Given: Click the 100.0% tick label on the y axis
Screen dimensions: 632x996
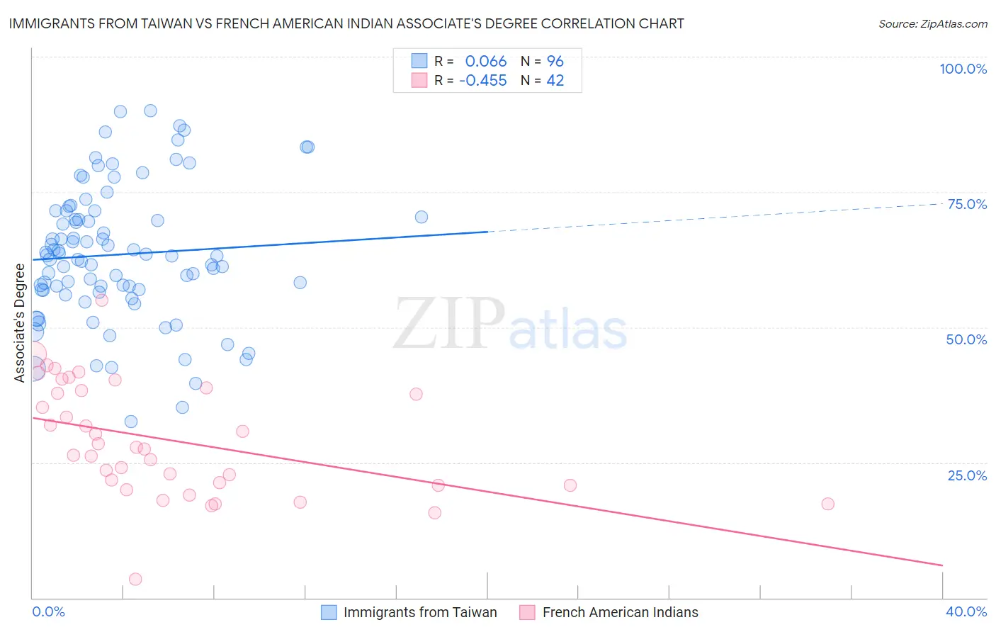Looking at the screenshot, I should [963, 69].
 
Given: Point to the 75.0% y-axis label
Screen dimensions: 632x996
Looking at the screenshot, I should [967, 204].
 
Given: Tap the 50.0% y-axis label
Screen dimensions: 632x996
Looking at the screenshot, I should [966, 339].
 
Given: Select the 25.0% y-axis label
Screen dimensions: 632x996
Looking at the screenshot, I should [967, 475].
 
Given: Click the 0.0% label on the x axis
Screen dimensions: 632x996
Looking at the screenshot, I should [48, 611].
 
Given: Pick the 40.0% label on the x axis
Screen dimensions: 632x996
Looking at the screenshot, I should [966, 611].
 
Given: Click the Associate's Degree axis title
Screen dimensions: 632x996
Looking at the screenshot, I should [19, 322].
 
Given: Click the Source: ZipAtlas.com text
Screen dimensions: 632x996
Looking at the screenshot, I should [932, 23].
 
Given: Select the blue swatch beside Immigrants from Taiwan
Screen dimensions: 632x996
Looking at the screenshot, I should [329, 612].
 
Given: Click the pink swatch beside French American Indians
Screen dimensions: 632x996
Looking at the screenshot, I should [527, 612].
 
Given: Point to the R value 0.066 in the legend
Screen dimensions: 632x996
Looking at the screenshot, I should [486, 62].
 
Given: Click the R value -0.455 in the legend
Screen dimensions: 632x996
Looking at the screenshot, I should [483, 81].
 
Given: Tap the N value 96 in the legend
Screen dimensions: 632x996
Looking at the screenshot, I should [555, 62].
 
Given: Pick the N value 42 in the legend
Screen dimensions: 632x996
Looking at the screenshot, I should [555, 81].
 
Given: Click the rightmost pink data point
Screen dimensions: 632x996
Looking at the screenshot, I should [827, 504].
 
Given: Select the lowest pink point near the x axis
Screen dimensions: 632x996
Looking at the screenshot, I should [135, 579].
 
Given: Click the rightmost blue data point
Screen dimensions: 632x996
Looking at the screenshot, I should [421, 217].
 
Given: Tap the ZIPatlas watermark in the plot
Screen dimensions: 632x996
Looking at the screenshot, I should [510, 324].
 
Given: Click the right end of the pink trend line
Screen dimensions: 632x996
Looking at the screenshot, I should [942, 565].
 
